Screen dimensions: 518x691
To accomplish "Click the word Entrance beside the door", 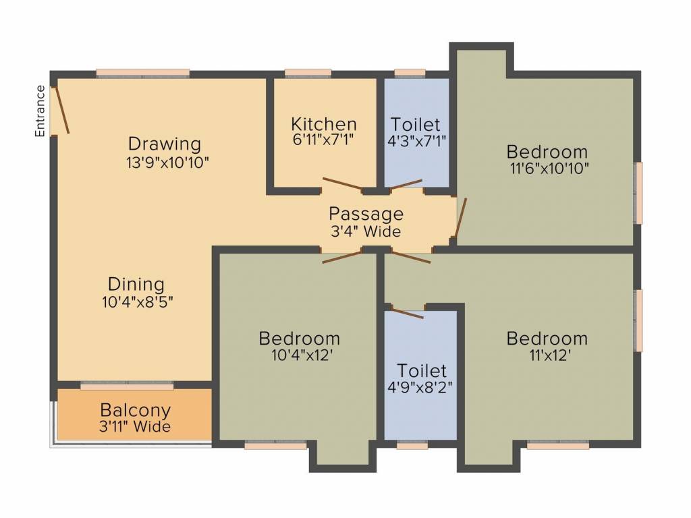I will click(40, 111).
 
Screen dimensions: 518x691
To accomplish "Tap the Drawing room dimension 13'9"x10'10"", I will click(165, 162).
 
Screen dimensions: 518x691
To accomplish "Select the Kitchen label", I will click(324, 124).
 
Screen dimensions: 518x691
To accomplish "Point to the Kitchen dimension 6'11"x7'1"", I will click(323, 140).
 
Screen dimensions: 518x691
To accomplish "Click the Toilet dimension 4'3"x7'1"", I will click(416, 140).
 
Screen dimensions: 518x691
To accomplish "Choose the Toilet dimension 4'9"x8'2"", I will click(422, 387).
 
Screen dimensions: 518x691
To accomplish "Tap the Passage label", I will click(366, 214).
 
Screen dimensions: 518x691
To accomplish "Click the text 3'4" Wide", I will click(365, 231).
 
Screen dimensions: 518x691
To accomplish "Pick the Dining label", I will click(136, 284).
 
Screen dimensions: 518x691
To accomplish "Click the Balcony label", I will click(135, 409).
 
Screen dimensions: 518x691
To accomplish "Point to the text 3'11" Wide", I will click(135, 426).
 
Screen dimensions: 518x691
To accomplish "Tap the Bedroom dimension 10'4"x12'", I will click(299, 355).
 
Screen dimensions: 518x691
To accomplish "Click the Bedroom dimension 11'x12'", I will click(547, 355).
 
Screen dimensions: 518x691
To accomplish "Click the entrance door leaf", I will click(62, 108).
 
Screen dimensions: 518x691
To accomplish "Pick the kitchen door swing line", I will click(343, 184).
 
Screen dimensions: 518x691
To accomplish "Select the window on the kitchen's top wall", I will click(308, 73).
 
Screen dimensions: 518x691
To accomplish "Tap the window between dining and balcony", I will click(127, 385).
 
